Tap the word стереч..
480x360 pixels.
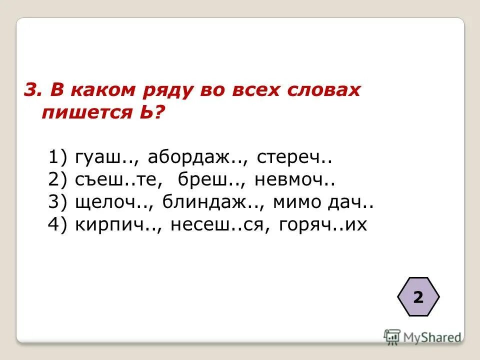295,159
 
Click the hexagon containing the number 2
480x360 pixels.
418,297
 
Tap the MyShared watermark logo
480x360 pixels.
422,336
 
